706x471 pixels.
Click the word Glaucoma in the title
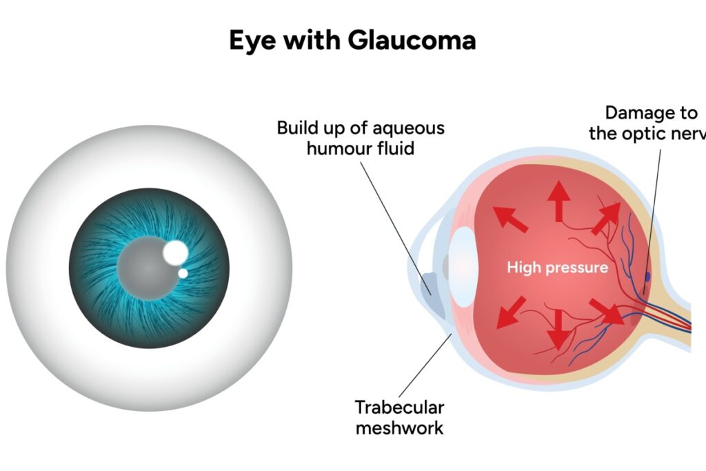click(412, 40)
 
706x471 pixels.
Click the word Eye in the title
click(252, 41)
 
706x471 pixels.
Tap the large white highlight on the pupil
click(176, 252)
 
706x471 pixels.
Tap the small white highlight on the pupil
click(183, 273)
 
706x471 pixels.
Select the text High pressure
click(557, 268)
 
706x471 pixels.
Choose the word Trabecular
click(399, 408)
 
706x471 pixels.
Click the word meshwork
click(399, 428)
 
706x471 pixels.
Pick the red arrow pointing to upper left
click(510, 219)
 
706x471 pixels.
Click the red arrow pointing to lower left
click(511, 312)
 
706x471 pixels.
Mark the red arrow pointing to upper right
click(607, 218)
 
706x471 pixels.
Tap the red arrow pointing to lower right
click(607, 311)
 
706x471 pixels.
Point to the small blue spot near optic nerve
click(647, 276)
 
